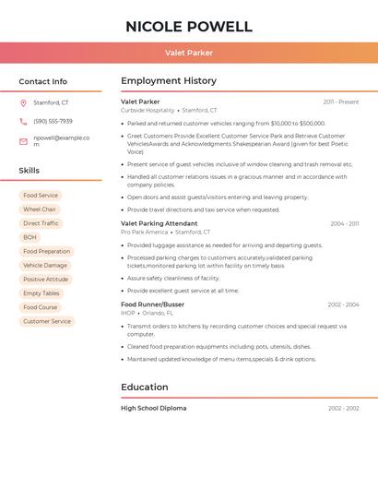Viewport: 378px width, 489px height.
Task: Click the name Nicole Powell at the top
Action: pos(189,26)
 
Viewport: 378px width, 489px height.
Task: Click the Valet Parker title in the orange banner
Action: pos(189,53)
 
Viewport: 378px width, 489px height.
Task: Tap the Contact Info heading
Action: pos(43,81)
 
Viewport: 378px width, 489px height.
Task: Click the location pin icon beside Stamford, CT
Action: pos(23,103)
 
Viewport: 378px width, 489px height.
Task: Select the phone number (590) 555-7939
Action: pos(53,121)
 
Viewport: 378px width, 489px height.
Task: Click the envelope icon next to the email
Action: pos(23,141)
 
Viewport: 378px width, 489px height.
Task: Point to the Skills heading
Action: pos(30,171)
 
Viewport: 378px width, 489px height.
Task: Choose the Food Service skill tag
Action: pos(41,196)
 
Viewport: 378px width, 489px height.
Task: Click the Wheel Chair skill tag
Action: pos(40,209)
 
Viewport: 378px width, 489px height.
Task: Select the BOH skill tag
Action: pos(30,237)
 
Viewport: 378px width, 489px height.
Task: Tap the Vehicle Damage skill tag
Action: pos(45,266)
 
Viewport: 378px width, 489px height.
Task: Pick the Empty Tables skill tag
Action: pos(41,293)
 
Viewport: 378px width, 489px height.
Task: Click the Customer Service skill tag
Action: pos(47,321)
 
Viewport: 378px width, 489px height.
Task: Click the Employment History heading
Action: pos(169,81)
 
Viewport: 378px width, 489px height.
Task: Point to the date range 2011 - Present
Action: pos(341,102)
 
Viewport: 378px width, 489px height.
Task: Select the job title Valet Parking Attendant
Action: pos(159,223)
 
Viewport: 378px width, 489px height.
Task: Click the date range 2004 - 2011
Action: pos(344,224)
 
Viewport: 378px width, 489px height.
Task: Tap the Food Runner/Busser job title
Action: pos(152,304)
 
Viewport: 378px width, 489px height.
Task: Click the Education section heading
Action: pos(145,388)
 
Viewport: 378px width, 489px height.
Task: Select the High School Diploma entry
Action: pos(153,408)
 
